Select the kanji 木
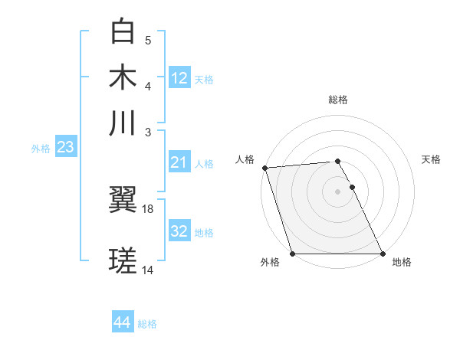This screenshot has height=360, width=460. (123, 77)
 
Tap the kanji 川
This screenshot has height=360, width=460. (123, 123)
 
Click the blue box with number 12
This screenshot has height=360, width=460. (179, 78)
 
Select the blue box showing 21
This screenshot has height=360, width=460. (179, 162)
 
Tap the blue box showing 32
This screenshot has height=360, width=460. (179, 231)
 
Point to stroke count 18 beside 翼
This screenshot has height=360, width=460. (148, 208)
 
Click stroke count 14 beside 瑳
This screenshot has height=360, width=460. (148, 270)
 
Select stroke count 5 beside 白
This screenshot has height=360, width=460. (148, 40)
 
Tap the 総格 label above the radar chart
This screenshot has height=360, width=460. (338, 100)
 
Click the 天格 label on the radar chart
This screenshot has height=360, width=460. (431, 159)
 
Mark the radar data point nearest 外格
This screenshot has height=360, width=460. (292, 254)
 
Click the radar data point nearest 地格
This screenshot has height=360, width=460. (383, 254)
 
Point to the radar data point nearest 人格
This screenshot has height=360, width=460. (264, 168)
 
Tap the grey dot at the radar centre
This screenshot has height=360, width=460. (338, 191)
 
